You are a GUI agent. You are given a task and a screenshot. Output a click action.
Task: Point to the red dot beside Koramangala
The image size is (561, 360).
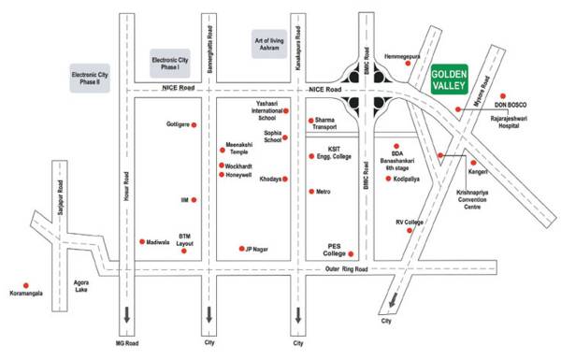26,284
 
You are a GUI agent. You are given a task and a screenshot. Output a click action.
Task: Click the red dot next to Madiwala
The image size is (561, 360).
141,241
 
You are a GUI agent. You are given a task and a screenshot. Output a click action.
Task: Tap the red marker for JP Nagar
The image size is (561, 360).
241,249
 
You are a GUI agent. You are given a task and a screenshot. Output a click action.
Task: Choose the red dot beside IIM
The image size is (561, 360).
194,200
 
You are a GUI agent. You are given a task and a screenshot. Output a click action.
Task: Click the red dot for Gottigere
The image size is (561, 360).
194,124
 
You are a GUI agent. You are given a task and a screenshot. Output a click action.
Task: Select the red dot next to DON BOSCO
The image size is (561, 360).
502,95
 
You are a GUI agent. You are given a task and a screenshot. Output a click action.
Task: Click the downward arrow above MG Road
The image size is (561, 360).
122,312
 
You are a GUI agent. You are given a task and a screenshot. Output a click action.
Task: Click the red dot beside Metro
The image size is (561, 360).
311,192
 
